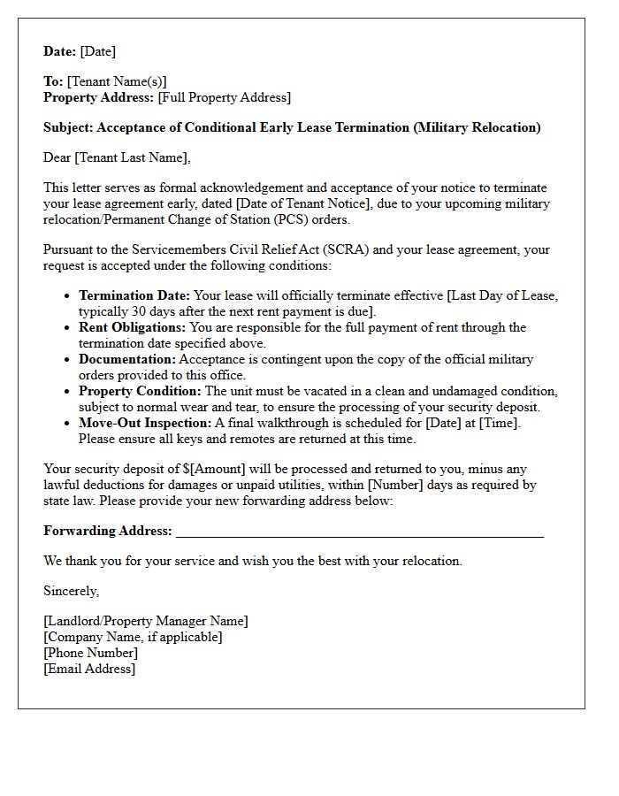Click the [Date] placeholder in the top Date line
[98, 51]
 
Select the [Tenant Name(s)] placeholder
[117, 81]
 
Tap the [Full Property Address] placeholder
[225, 97]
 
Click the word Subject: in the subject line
[68, 127]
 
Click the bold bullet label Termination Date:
[134, 295]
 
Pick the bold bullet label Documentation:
[127, 359]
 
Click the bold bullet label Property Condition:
[140, 391]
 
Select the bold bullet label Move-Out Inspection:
[143, 423]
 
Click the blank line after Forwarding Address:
[359, 532]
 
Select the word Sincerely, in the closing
[71, 591]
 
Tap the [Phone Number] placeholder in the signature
[90, 653]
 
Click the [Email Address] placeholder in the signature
[89, 669]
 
